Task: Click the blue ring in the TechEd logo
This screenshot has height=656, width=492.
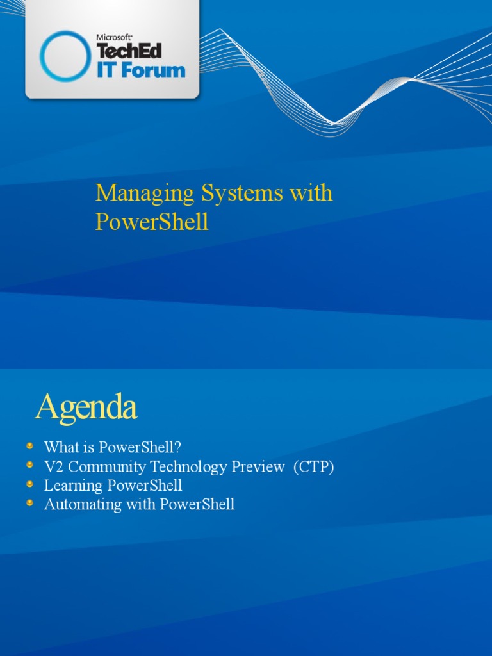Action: (x=65, y=56)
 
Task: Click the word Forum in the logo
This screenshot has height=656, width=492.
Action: (x=151, y=70)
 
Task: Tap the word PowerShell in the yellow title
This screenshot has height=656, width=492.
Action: (x=152, y=222)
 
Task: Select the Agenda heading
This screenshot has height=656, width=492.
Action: (x=86, y=407)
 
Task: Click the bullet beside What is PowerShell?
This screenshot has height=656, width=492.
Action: (x=29, y=445)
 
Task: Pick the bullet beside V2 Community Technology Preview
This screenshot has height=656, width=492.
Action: (x=29, y=464)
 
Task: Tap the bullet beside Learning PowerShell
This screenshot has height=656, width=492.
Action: (x=29, y=483)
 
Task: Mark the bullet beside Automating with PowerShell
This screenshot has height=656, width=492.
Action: (x=29, y=502)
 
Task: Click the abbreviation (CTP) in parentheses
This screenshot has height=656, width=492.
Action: (x=314, y=467)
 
